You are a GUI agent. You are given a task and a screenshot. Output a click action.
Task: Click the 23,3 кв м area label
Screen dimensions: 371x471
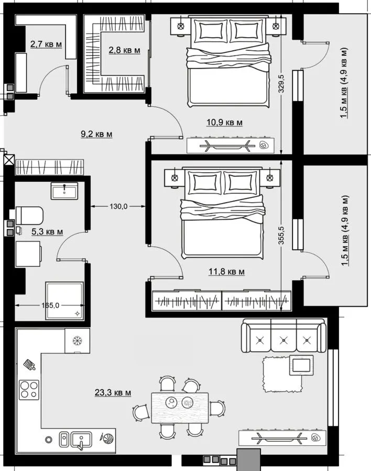[113, 392]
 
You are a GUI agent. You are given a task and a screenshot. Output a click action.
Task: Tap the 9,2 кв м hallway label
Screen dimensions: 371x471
[96, 134]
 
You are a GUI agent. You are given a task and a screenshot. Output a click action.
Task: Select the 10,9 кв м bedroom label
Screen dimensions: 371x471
[224, 122]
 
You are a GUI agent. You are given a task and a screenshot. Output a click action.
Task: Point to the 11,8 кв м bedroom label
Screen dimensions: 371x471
[226, 272]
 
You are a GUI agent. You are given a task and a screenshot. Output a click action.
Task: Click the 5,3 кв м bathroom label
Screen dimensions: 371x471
[47, 232]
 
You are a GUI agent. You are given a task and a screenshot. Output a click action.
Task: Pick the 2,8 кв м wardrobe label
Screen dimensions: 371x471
[124, 50]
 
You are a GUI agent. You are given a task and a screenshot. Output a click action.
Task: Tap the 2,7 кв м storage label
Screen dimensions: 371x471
[46, 44]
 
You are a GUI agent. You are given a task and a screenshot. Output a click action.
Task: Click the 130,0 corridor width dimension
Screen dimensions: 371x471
[118, 206]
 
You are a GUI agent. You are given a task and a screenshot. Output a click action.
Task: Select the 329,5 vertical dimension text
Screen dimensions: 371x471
[282, 84]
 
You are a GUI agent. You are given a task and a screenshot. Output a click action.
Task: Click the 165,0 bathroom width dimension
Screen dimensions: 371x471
[50, 306]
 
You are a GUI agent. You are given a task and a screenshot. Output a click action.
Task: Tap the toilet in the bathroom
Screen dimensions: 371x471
[29, 216]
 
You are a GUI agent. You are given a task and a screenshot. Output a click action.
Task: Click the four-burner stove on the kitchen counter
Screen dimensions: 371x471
[29, 390]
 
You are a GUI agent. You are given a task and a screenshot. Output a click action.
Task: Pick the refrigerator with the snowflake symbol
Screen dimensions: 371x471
[78, 341]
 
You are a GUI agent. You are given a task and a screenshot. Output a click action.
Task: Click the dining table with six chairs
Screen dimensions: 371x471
[180, 408]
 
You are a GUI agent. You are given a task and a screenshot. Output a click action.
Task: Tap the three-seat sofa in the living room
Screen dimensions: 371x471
[283, 335]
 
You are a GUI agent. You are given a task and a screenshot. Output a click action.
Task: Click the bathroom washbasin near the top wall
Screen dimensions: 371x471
[64, 190]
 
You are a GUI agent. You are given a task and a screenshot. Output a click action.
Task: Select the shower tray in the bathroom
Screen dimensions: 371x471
[64, 301]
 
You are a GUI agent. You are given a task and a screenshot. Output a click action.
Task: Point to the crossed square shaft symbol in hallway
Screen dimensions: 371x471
[9, 160]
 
